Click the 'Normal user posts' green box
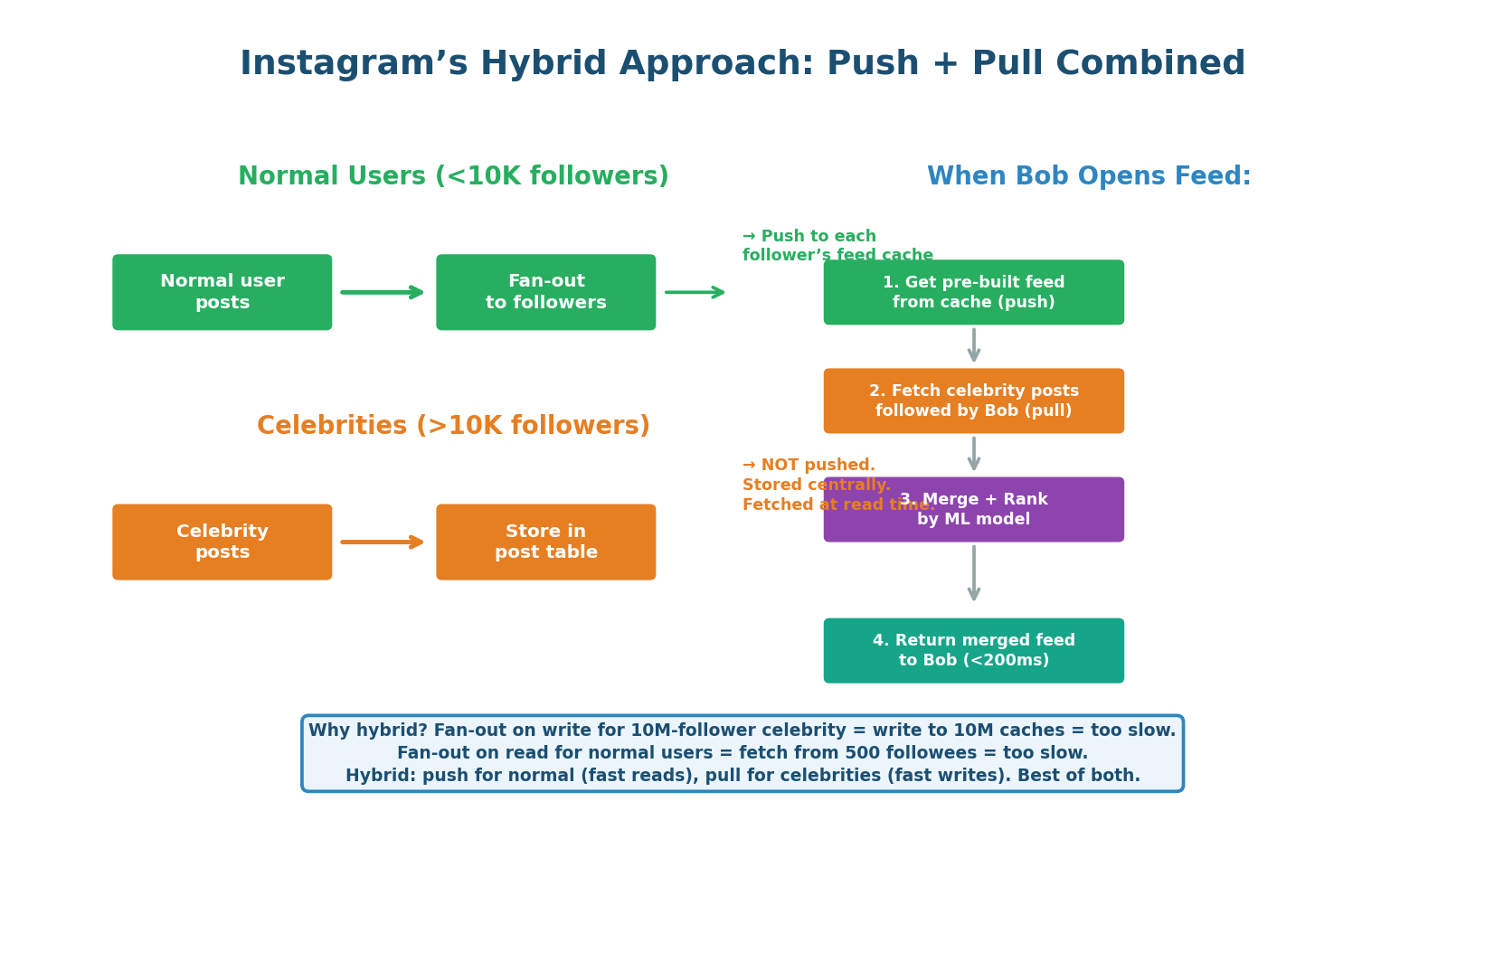[x=222, y=292]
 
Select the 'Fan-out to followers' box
[x=545, y=292]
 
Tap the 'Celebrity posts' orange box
[x=222, y=542]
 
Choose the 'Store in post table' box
[x=545, y=542]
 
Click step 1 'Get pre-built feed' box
[x=973, y=292]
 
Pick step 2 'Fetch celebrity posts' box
[x=973, y=401]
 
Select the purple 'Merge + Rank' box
[x=973, y=510]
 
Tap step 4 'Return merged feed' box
[x=973, y=650]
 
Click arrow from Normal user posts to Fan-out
[x=383, y=292]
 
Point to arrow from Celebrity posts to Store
[x=383, y=542]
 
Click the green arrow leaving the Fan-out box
[x=695, y=292]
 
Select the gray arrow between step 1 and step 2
[x=973, y=345]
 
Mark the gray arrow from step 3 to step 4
[x=973, y=573]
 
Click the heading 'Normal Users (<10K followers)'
[x=453, y=176]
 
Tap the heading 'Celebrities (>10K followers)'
[x=453, y=426]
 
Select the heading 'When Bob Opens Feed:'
[x=1089, y=176]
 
